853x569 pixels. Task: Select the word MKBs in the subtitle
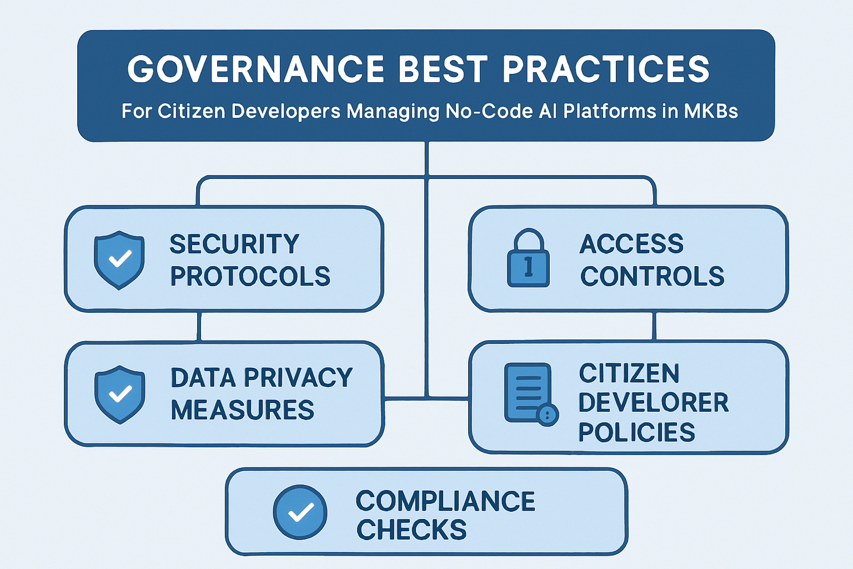711,111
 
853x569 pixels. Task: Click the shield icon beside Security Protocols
119,259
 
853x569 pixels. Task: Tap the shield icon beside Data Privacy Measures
119,394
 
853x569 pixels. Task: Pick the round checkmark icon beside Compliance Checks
300,512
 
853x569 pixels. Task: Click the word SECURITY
234,244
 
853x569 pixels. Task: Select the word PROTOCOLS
250,276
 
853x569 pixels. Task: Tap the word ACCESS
631,244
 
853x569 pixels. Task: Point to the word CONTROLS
652,276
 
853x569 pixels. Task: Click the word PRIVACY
298,378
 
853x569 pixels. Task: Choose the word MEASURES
242,410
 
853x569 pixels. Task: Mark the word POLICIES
636,432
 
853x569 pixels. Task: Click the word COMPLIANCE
445,501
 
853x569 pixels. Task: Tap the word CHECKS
412,530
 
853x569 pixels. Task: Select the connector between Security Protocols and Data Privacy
199,326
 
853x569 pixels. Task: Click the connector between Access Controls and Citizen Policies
655,326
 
